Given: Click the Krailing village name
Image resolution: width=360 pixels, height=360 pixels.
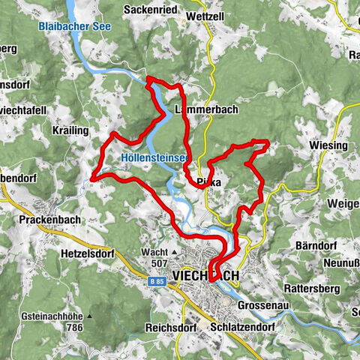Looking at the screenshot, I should tap(72, 130).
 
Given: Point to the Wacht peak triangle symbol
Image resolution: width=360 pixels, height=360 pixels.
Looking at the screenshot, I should tap(174, 253).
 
